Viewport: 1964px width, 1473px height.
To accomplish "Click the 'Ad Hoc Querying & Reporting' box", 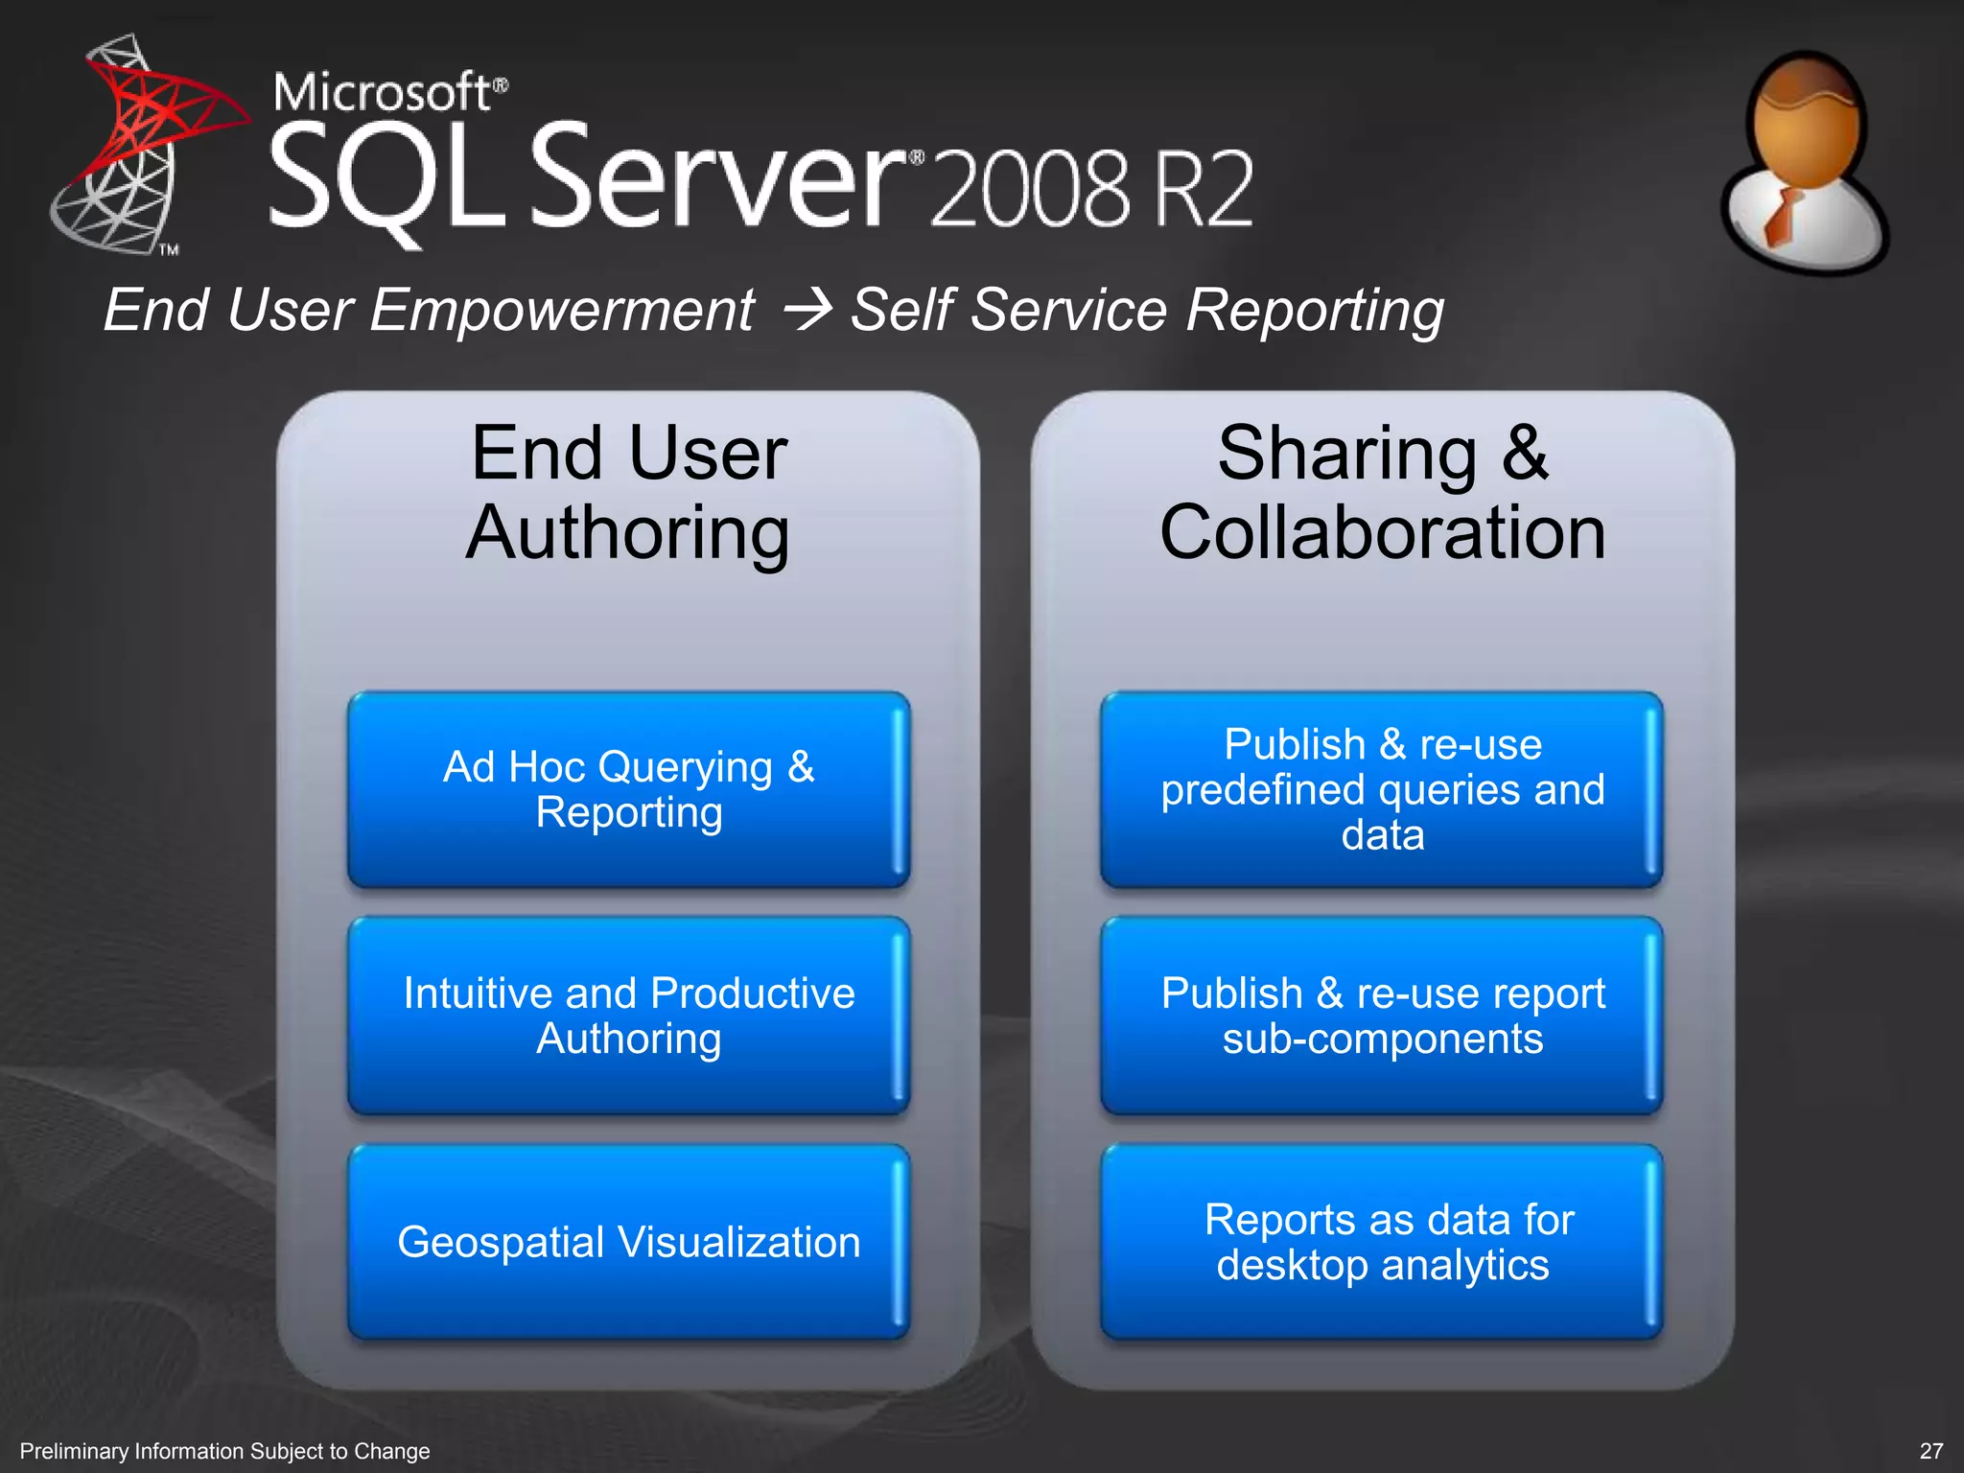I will point(628,789).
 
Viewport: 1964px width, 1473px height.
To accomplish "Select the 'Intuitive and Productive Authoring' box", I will point(628,1016).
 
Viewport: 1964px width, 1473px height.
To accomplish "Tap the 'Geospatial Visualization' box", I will point(628,1242).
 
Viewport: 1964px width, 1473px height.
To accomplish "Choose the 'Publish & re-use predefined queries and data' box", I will point(1382,789).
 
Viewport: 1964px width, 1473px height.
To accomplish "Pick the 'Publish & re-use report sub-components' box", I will point(1382,1016).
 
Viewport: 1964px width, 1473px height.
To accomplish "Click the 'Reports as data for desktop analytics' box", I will point(1382,1242).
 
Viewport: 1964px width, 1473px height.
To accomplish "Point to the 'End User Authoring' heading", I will point(628,493).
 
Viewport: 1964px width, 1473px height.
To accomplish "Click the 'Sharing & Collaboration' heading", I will point(1382,493).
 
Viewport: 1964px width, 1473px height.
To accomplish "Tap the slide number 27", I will point(1931,1451).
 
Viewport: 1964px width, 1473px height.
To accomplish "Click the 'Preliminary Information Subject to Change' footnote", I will point(224,1451).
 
